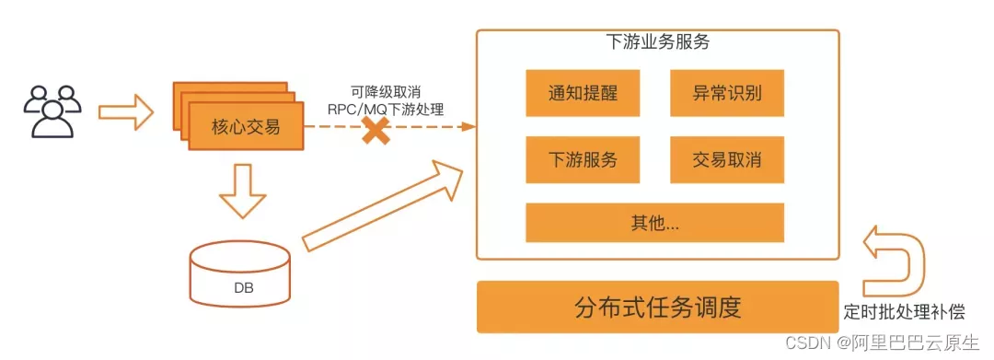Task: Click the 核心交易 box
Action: click(246, 128)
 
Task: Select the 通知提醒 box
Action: click(569, 93)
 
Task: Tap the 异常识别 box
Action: click(726, 93)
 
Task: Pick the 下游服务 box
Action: click(569, 159)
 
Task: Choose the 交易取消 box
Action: click(726, 159)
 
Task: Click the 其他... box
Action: click(653, 223)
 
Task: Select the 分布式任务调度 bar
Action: click(657, 307)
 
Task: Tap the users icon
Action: click(52, 110)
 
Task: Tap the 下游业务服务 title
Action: click(658, 42)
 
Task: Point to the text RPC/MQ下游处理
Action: click(386, 109)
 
